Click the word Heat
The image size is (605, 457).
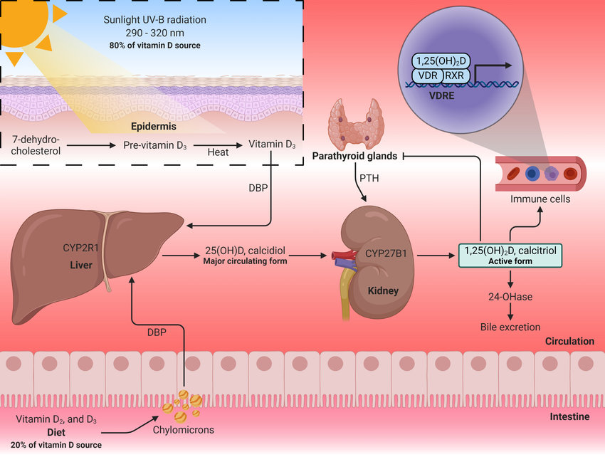[218, 152]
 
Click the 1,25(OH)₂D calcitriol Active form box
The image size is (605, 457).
[510, 254]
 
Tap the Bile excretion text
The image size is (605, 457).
[510, 327]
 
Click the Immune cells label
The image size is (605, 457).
[540, 199]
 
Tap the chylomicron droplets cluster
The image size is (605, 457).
[182, 404]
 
